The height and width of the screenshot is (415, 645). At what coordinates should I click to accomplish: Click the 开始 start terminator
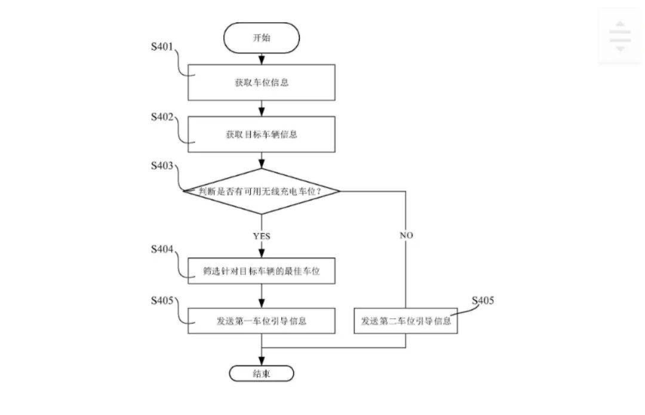coord(261,38)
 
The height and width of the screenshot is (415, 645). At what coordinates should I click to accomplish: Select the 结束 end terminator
coord(261,374)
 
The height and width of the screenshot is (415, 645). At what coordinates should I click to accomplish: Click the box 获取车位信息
coord(261,82)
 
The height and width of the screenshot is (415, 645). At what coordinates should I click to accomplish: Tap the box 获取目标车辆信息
coord(261,134)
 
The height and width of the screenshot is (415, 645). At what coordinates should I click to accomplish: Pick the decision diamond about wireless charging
coord(261,191)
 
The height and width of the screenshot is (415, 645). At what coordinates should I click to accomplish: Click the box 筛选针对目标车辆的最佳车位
coord(261,271)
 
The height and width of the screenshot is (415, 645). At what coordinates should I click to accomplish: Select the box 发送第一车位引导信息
coord(261,321)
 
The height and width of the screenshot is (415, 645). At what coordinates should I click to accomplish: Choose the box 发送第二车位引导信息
coord(406,321)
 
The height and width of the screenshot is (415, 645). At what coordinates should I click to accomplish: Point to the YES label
coord(261,236)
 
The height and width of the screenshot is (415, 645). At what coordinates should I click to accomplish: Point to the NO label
coord(406,235)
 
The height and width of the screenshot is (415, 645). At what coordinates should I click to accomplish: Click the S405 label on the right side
coord(483,300)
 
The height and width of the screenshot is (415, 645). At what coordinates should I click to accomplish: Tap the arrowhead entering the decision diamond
coord(261,163)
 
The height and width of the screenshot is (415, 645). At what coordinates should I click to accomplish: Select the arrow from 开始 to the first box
coord(261,58)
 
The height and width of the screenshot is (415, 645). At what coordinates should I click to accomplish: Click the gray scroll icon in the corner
coord(620,36)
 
